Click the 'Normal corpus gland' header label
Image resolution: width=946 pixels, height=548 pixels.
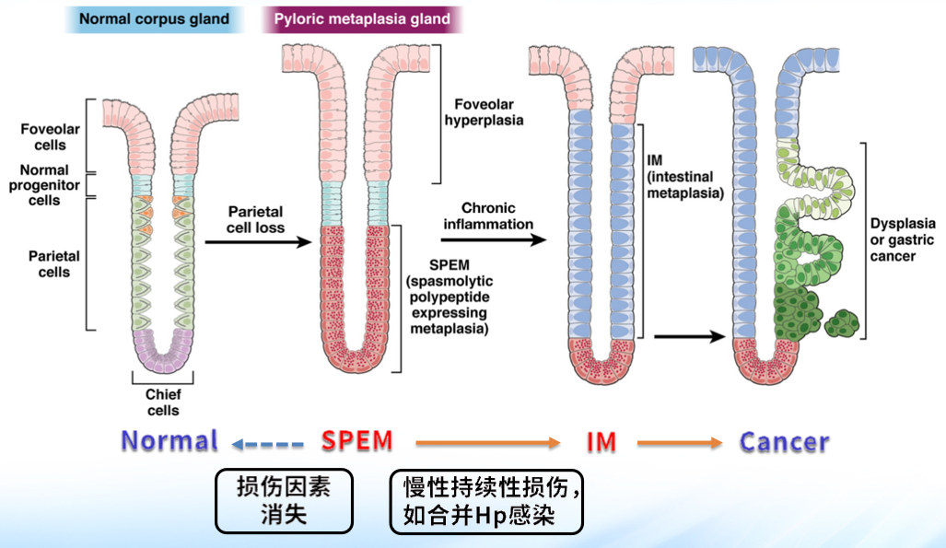pyautogui.click(x=154, y=18)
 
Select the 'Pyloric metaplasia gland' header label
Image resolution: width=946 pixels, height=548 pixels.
pyautogui.click(x=362, y=18)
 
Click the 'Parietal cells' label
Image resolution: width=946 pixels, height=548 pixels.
pyautogui.click(x=54, y=263)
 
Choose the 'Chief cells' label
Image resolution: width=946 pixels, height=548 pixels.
pyautogui.click(x=163, y=402)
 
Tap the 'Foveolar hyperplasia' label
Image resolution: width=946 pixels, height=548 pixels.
pyautogui.click(x=484, y=112)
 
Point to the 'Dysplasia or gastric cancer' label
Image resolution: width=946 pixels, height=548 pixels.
pyautogui.click(x=902, y=239)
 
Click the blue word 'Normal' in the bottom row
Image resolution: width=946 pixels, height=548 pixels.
pyautogui.click(x=170, y=441)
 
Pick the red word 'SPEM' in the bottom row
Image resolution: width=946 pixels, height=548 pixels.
pyautogui.click(x=357, y=441)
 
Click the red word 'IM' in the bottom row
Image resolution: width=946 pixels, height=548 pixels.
pyautogui.click(x=601, y=442)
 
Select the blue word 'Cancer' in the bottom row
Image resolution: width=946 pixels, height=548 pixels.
pyautogui.click(x=784, y=442)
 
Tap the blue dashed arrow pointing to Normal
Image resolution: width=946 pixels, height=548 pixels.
pyautogui.click(x=267, y=445)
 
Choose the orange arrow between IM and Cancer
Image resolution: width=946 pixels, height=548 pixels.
pyautogui.click(x=680, y=445)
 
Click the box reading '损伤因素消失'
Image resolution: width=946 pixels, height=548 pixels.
pyautogui.click(x=284, y=500)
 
